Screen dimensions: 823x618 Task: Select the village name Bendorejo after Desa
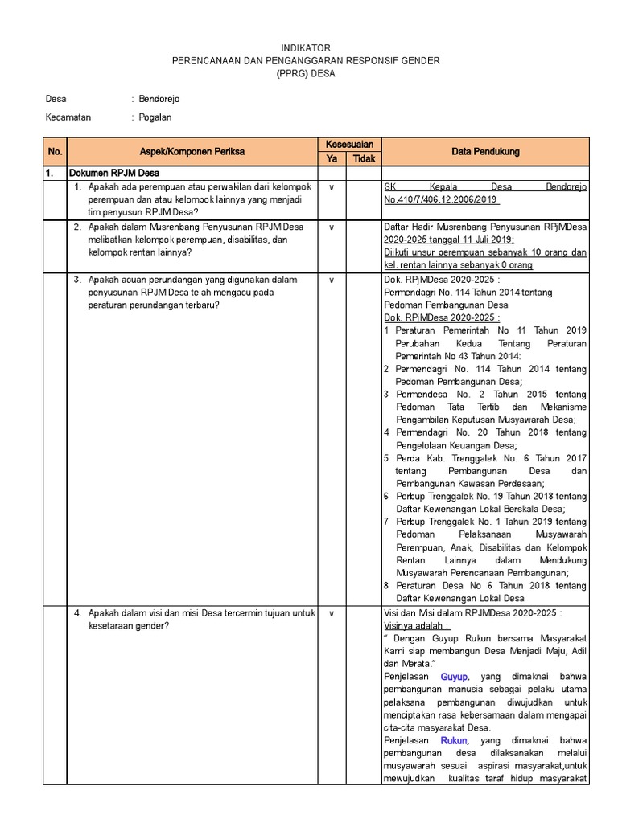159,99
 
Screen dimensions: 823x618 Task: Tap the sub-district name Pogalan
155,117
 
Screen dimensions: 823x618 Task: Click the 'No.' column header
55,151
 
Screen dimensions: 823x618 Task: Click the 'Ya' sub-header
331,158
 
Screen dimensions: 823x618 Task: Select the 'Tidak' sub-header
364,158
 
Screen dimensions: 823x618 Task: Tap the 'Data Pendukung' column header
485,151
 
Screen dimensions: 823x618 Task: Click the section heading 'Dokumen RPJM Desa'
113,173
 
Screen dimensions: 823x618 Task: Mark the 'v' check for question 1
331,186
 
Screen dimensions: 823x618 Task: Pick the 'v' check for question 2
331,227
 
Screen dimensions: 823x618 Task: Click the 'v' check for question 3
331,280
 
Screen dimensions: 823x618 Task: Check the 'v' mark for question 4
331,613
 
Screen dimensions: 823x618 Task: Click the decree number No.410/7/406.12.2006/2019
442,199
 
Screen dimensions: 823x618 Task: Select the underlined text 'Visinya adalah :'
417,626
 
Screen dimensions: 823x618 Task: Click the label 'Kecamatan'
68,117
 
